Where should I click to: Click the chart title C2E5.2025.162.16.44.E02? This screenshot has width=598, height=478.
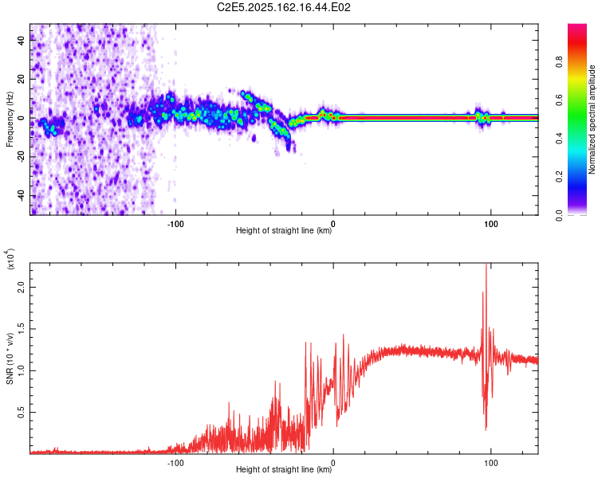point(285,7)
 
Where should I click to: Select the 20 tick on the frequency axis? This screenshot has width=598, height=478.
point(22,79)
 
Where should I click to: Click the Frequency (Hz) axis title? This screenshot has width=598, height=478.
point(10,119)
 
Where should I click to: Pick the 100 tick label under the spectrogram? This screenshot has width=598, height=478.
point(491,222)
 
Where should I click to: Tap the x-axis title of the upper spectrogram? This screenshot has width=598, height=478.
point(284,231)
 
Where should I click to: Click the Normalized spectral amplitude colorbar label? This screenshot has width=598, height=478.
point(592,119)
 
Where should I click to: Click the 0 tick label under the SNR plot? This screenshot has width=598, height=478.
point(333,461)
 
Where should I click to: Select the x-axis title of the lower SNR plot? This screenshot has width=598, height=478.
point(284,470)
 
